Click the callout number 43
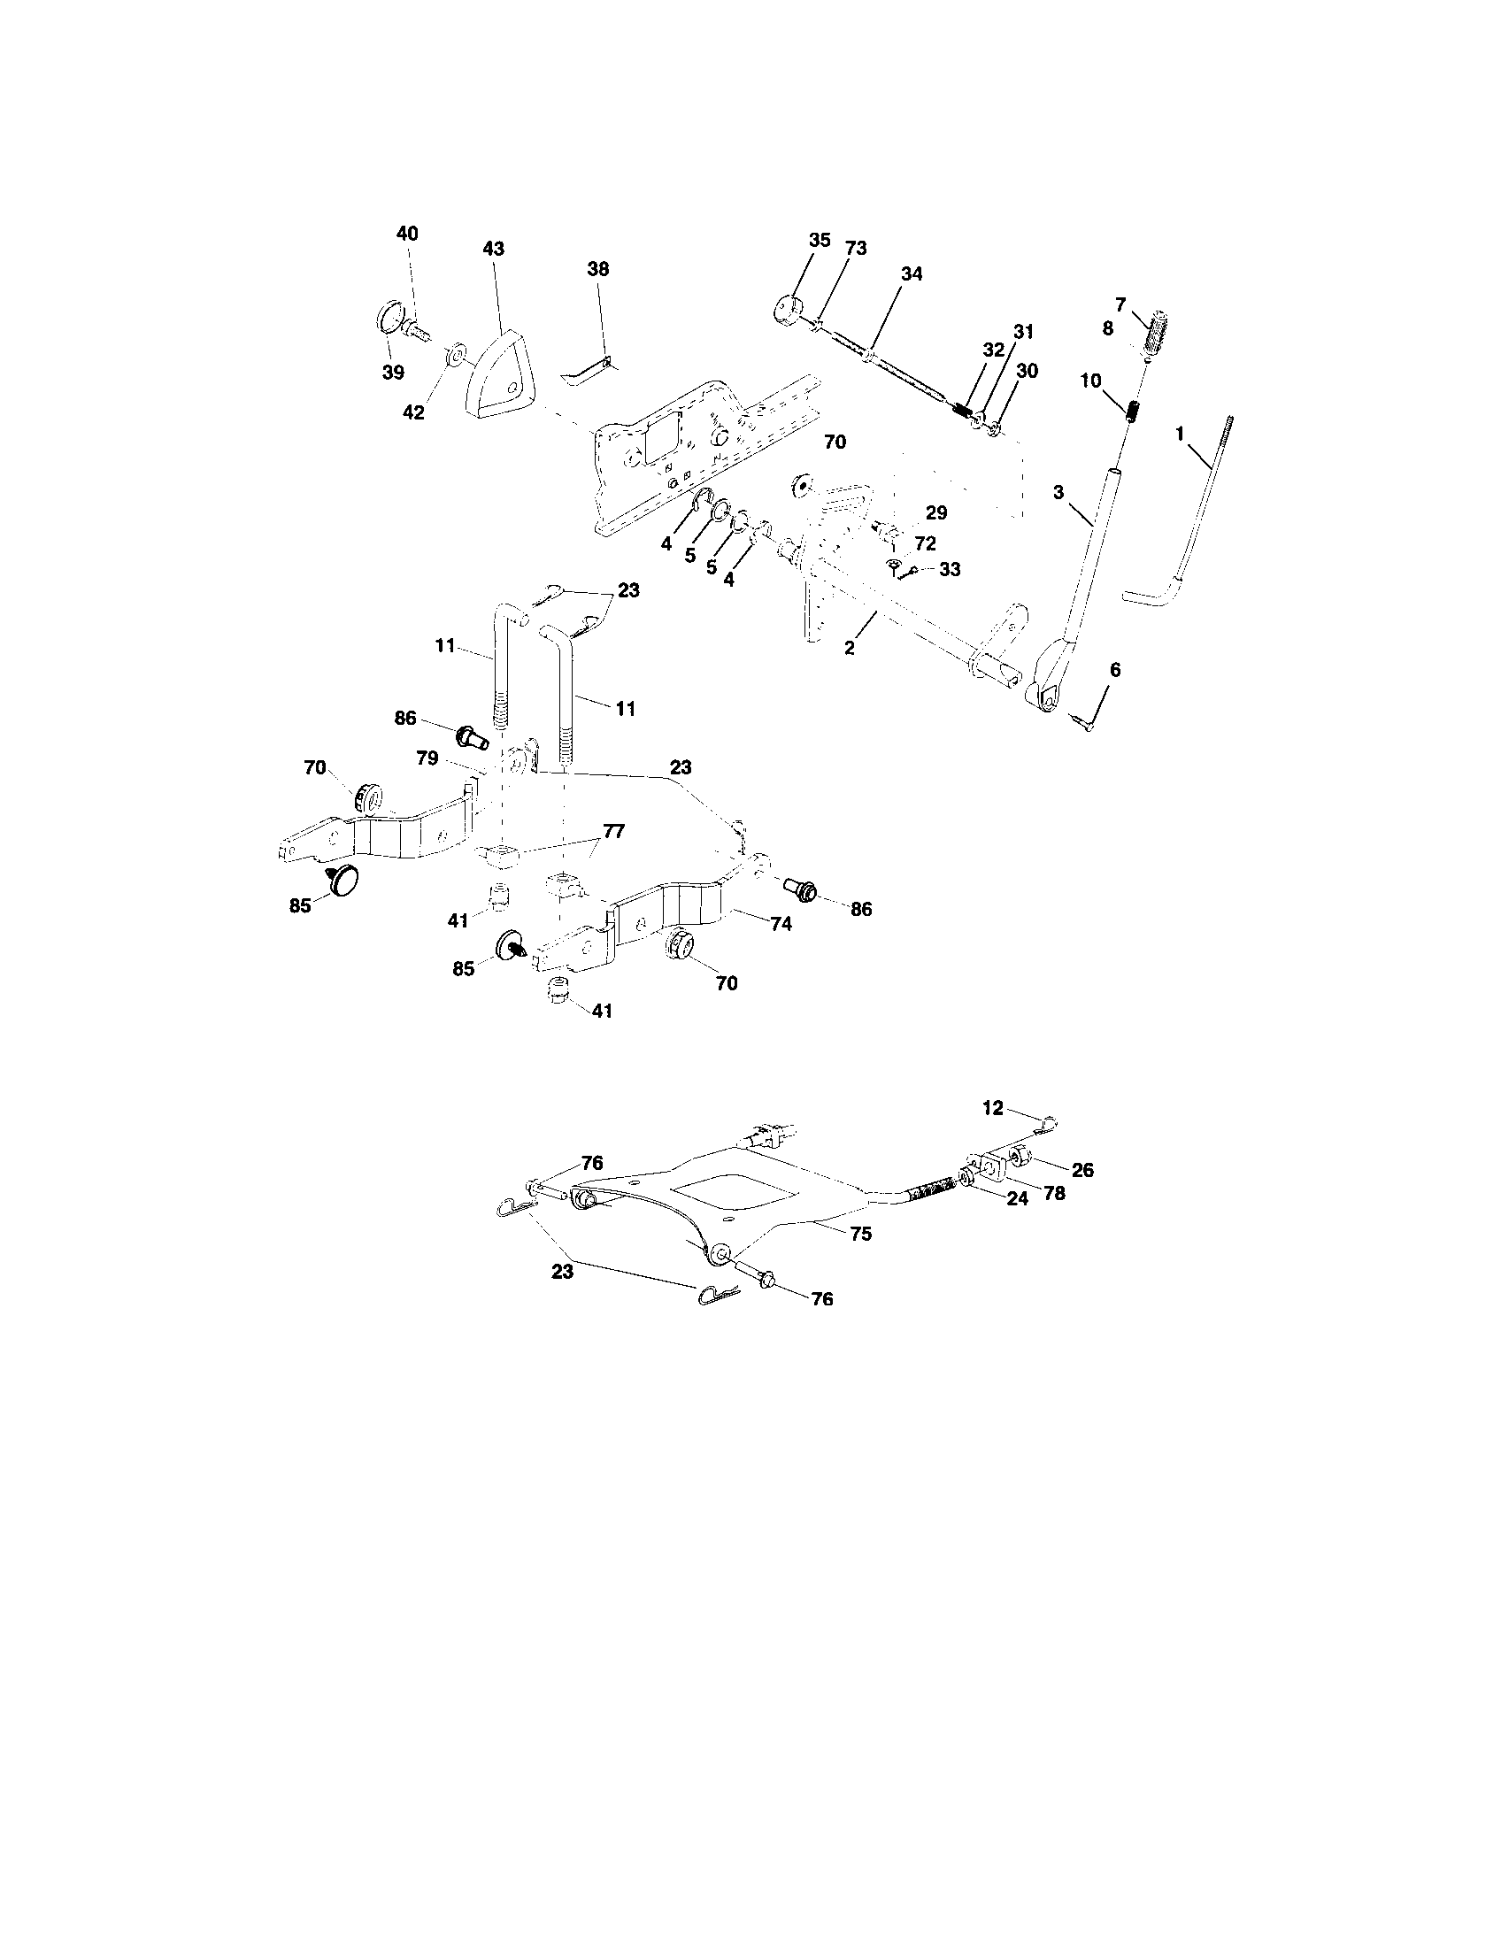point(493,249)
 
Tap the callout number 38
point(598,268)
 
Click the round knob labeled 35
point(786,309)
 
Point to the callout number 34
point(911,274)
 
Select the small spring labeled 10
point(1130,412)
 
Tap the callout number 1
point(1179,434)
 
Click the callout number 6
point(1114,670)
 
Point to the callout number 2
point(849,649)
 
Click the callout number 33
point(951,569)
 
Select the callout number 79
point(427,758)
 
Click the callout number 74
point(781,925)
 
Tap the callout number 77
point(613,831)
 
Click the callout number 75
point(861,1235)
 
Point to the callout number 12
point(992,1108)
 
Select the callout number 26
point(1082,1170)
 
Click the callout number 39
point(393,373)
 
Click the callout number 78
point(1053,1193)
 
